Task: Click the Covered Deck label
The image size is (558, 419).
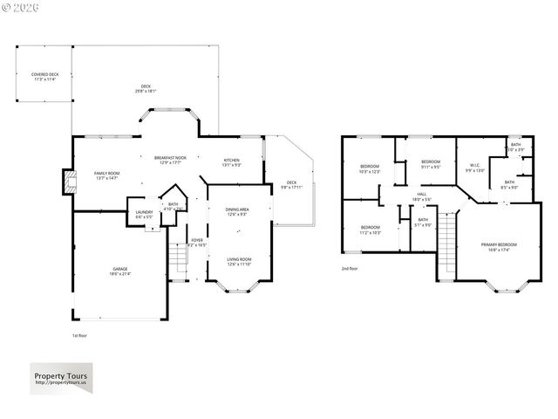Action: click(x=44, y=77)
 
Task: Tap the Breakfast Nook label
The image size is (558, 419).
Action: click(x=167, y=160)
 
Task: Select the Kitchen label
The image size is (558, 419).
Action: click(x=231, y=162)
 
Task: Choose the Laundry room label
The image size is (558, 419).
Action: click(x=144, y=214)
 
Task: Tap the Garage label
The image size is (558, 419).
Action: click(x=119, y=271)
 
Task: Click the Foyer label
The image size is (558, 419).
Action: click(x=197, y=242)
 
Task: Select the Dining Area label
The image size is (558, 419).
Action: click(x=238, y=211)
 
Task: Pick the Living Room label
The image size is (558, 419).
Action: click(x=239, y=260)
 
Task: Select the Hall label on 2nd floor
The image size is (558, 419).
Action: click(x=421, y=196)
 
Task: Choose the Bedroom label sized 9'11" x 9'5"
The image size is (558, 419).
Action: click(x=431, y=164)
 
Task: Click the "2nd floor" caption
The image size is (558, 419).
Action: click(x=350, y=269)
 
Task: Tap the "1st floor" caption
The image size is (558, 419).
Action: click(x=80, y=335)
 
